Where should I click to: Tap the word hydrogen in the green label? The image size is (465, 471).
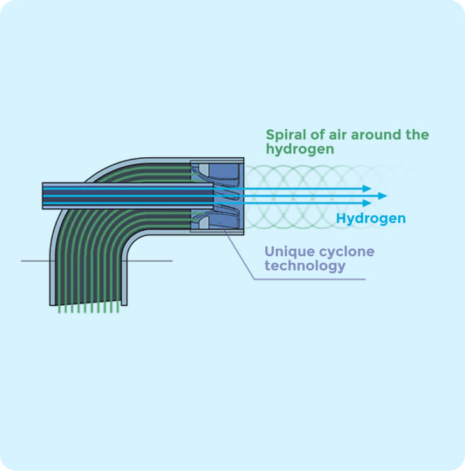300,149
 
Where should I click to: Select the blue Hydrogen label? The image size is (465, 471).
371,219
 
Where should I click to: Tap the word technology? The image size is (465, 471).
305,266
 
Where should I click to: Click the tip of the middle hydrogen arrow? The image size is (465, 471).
386,196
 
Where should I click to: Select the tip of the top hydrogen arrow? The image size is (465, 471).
371,188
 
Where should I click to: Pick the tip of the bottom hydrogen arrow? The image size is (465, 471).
371,203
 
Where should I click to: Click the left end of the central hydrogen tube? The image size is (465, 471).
43,195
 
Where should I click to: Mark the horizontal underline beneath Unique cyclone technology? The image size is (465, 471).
309,279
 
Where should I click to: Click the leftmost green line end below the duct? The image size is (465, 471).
59,312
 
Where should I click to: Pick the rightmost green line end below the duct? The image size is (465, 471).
118,312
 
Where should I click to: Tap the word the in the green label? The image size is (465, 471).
417,135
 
